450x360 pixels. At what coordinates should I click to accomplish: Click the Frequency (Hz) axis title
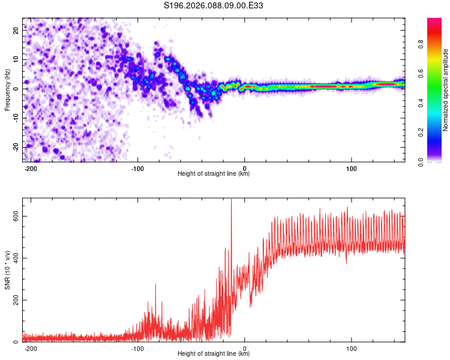8,89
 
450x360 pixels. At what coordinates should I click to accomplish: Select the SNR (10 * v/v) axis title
8,269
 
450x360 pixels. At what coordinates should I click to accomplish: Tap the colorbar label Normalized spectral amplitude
446,90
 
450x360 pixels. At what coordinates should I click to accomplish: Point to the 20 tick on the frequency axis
17,31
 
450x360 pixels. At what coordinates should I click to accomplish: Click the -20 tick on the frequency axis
16,147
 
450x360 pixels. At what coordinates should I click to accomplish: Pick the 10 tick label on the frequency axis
17,60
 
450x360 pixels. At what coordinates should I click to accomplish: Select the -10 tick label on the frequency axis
16,118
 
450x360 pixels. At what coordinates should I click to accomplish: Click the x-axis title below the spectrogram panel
214,174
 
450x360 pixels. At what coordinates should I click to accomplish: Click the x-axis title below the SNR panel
214,354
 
